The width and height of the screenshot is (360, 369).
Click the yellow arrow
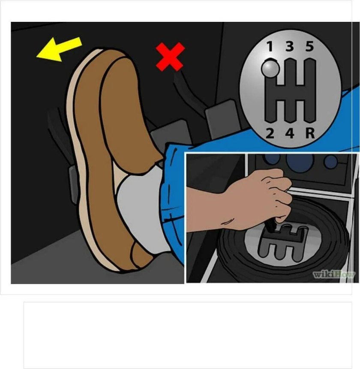coord(59,49)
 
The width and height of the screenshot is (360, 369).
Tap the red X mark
coord(170,57)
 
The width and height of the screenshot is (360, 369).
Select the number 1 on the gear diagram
coord(270,46)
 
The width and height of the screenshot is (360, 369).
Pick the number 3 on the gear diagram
coord(290,46)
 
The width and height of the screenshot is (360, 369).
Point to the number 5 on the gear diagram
coord(310,46)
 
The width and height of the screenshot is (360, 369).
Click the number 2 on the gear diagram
coord(270,133)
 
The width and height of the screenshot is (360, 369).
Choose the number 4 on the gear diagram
coord(290,133)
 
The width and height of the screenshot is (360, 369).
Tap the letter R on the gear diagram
coord(310,133)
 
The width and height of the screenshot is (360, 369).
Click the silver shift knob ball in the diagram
coord(270,69)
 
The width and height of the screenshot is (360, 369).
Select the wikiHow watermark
coord(334,274)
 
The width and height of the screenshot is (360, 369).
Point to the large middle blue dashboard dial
coord(300,160)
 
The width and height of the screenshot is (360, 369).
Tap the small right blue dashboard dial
coord(330,161)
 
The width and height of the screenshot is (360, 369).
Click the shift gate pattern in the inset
coord(283,243)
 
